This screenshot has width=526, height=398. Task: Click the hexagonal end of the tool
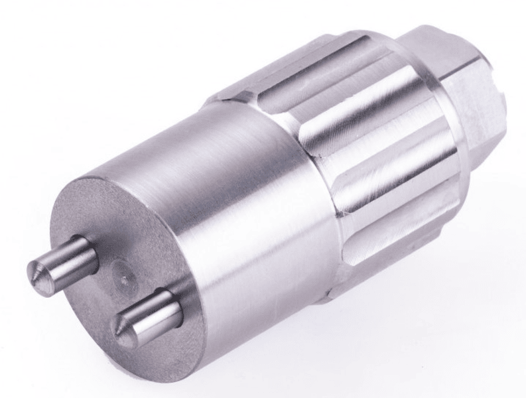click(x=464, y=93)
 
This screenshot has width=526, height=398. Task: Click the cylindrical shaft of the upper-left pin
click(x=66, y=257)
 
